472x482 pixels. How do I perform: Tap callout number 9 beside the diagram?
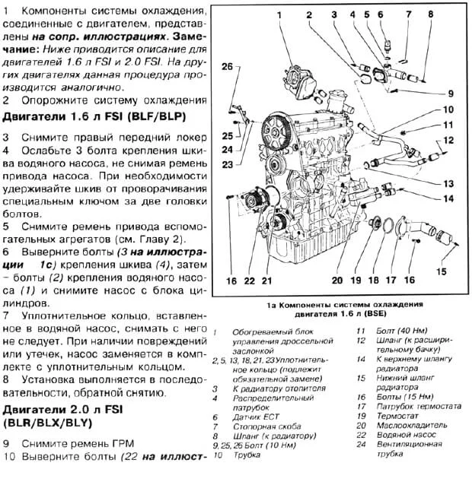click(x=450, y=94)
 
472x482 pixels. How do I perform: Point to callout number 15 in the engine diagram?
click(x=442, y=272)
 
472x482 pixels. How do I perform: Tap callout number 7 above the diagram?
click(x=408, y=14)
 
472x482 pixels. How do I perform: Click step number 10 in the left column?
click(x=9, y=457)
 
